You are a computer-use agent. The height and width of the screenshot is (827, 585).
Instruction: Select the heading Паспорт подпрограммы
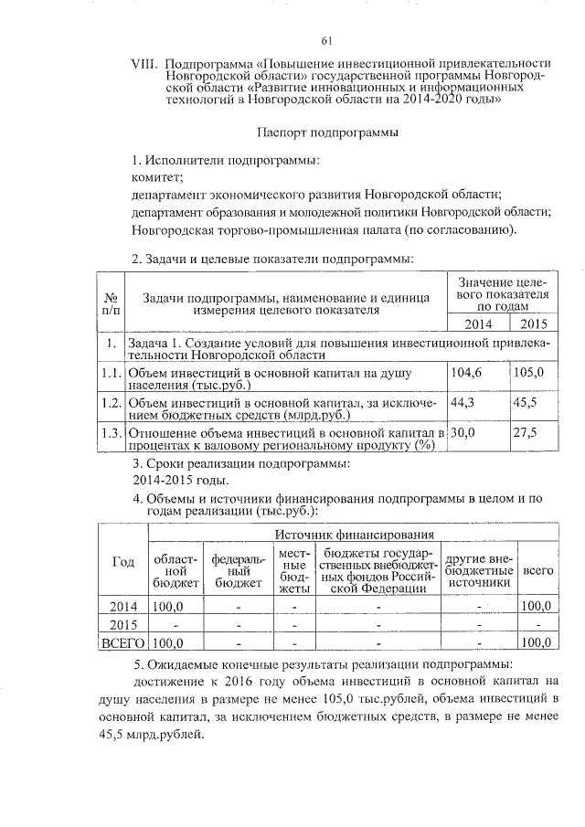point(326,133)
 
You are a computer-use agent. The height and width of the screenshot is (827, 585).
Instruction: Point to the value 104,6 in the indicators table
point(465,372)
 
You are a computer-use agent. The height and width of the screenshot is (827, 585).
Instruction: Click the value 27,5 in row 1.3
point(527,432)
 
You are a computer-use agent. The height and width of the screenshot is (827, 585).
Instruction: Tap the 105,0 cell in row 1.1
point(529,372)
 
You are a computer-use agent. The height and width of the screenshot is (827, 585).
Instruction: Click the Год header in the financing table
point(122,562)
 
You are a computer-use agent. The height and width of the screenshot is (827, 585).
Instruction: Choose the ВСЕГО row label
point(122,643)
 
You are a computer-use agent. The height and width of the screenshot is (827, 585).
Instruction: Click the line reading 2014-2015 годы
point(181,481)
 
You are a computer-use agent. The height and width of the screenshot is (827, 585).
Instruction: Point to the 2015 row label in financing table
point(122,624)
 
